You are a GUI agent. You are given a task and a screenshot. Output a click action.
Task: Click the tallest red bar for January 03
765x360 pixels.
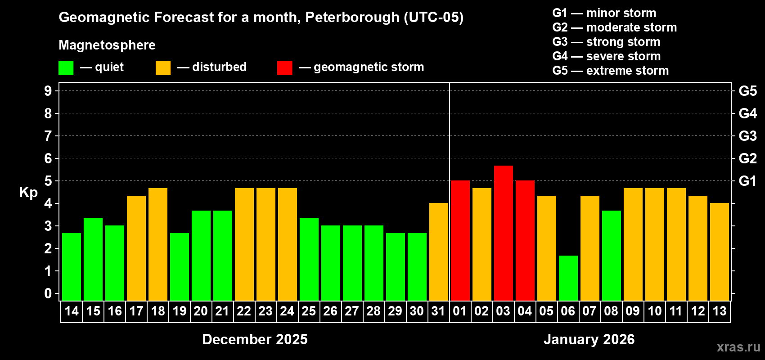click(x=503, y=233)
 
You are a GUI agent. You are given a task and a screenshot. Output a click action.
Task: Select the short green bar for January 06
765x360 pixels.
click(x=568, y=278)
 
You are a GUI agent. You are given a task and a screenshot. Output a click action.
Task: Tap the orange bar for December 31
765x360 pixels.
click(x=438, y=252)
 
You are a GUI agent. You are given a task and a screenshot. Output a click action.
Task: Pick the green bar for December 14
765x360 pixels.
click(x=71, y=267)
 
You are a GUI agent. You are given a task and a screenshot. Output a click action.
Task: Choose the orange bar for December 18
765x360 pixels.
click(x=157, y=244)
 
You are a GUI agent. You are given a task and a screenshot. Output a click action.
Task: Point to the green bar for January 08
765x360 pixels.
click(x=611, y=256)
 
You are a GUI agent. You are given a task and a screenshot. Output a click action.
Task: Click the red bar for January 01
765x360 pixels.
click(x=460, y=241)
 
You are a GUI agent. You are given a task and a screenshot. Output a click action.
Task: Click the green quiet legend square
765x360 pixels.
click(x=66, y=68)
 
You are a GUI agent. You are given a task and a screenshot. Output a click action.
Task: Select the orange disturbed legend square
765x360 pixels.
click(x=163, y=68)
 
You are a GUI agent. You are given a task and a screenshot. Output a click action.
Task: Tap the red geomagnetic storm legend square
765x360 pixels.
click(x=284, y=68)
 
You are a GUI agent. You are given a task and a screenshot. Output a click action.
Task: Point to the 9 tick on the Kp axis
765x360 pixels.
click(x=48, y=91)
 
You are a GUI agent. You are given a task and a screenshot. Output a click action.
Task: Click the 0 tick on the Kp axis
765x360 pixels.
click(x=48, y=294)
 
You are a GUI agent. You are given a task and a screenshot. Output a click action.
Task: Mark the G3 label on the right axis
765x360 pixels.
click(x=747, y=136)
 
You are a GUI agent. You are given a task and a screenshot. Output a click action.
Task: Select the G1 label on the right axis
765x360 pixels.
click(x=747, y=181)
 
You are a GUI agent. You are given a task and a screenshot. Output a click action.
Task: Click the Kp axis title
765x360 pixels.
click(x=28, y=193)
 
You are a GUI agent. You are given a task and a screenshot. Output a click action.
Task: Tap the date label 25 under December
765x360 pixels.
click(x=309, y=311)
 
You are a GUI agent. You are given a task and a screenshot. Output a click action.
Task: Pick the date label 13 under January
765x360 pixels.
click(x=719, y=311)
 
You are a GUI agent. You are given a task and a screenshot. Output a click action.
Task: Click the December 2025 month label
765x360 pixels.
click(x=255, y=339)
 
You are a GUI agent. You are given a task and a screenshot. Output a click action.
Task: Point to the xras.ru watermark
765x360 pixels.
click(x=738, y=347)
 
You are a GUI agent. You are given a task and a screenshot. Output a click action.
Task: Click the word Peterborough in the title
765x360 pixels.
click(x=352, y=18)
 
